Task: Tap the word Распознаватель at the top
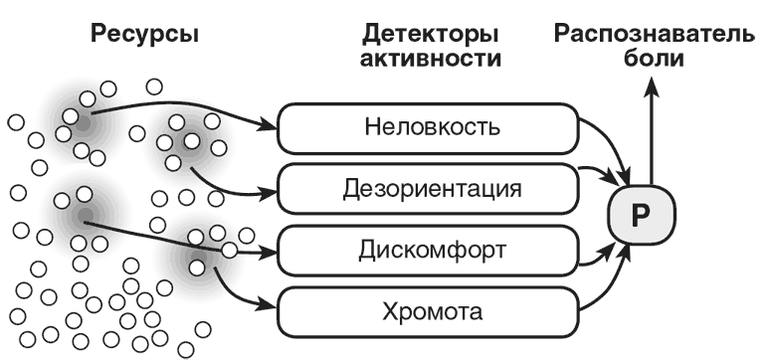661,36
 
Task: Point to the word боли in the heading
661,59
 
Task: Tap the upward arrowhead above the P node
652,89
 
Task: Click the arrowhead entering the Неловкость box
270,126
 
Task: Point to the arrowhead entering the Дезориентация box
270,186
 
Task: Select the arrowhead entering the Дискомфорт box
270,250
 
